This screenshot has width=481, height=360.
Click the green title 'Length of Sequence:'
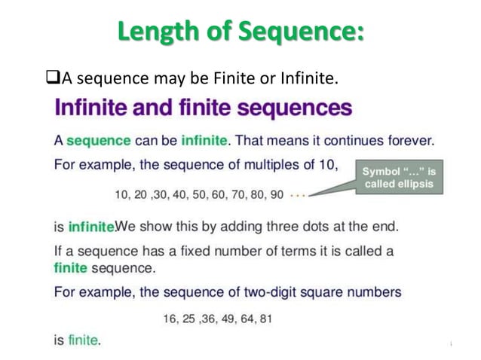(x=240, y=33)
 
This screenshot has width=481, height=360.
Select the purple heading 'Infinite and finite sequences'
(x=204, y=108)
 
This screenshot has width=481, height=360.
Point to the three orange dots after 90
(x=299, y=195)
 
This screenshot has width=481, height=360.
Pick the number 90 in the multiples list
(x=276, y=195)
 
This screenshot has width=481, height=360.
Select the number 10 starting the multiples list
(x=121, y=195)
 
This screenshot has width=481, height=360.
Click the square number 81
(x=265, y=319)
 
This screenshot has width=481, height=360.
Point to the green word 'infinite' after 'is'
(x=90, y=227)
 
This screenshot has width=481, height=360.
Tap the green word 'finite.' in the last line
(x=84, y=340)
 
